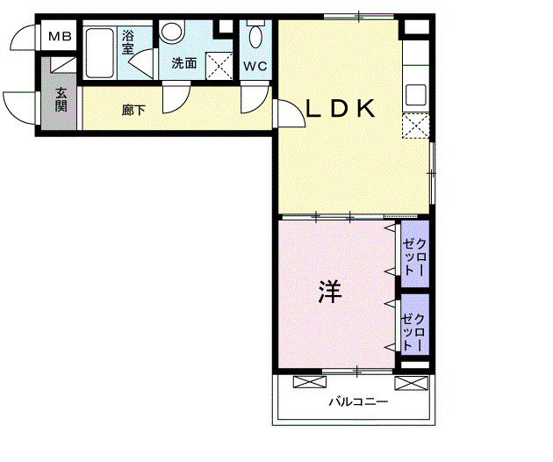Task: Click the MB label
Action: pyautogui.click(x=60, y=37)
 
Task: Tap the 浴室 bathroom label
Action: pyautogui.click(x=128, y=42)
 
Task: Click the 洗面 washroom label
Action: pyautogui.click(x=183, y=63)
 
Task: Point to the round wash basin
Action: pyautogui.click(x=171, y=33)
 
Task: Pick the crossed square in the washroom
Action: pyautogui.click(x=218, y=66)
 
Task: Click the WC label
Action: pyautogui.click(x=255, y=66)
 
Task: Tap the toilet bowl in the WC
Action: pyautogui.click(x=256, y=37)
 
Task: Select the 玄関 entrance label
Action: pyautogui.click(x=61, y=99)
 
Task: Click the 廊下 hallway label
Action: pyautogui.click(x=133, y=111)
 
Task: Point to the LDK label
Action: pyautogui.click(x=341, y=109)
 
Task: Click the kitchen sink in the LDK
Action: pyautogui.click(x=415, y=94)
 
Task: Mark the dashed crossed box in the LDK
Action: pyautogui.click(x=415, y=126)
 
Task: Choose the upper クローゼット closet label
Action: pyautogui.click(x=414, y=258)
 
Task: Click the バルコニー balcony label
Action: pyautogui.click(x=353, y=403)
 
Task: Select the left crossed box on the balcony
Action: pyautogui.click(x=308, y=382)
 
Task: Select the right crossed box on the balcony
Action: pyautogui.click(x=409, y=382)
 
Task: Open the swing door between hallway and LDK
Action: pyautogui.click(x=286, y=114)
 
